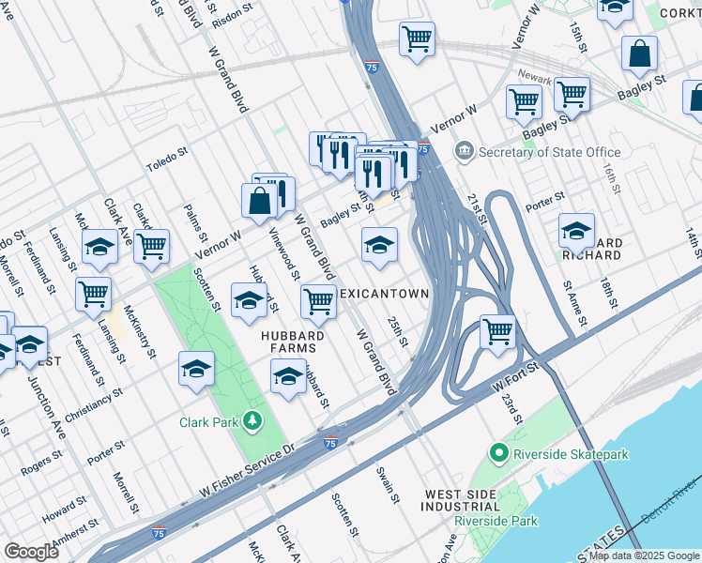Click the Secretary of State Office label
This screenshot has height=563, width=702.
(550, 152)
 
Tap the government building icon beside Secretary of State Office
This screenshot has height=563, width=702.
(464, 151)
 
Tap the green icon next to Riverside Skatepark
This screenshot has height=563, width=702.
(498, 455)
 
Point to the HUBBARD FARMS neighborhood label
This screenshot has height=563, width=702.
(293, 342)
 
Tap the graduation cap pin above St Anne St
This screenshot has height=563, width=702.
(576, 231)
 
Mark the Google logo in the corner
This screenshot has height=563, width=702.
(31, 552)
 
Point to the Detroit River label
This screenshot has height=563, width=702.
(676, 496)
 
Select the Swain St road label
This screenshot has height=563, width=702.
(384, 483)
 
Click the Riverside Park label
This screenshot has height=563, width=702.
(495, 521)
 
